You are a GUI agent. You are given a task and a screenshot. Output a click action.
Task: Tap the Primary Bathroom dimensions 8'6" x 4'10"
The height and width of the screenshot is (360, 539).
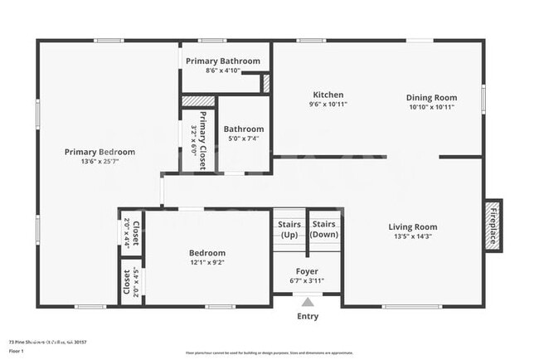[x=222, y=71]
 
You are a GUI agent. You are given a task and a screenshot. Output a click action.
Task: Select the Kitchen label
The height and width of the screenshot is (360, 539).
[x=328, y=95]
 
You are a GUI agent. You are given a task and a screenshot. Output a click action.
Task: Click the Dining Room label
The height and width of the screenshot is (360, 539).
[x=431, y=96]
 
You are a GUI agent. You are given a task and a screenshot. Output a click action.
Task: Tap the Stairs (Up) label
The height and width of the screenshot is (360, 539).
[x=289, y=229]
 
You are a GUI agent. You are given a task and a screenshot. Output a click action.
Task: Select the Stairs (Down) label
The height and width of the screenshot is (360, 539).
[x=323, y=229]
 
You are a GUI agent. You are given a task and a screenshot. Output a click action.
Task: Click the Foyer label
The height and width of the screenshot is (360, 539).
[x=307, y=271]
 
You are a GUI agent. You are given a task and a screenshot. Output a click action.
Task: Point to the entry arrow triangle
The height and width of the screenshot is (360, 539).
[x=307, y=302]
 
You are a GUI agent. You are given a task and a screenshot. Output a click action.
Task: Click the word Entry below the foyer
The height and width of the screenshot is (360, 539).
[x=307, y=316]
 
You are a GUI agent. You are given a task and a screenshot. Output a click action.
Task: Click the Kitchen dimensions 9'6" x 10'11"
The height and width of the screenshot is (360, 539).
[x=328, y=105]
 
